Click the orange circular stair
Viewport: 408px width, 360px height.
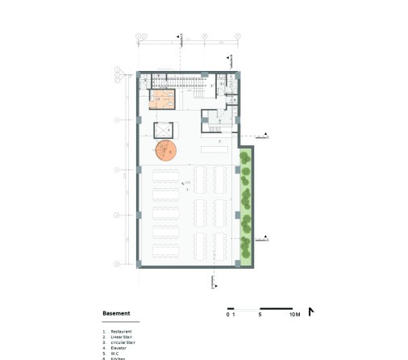click(167, 150)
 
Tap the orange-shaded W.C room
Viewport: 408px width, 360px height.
click(161, 100)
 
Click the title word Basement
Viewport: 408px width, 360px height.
click(117, 313)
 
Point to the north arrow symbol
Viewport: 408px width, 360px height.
click(311, 312)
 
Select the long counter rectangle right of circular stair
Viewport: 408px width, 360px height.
click(215, 150)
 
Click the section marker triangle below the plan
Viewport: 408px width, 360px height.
click(211, 282)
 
